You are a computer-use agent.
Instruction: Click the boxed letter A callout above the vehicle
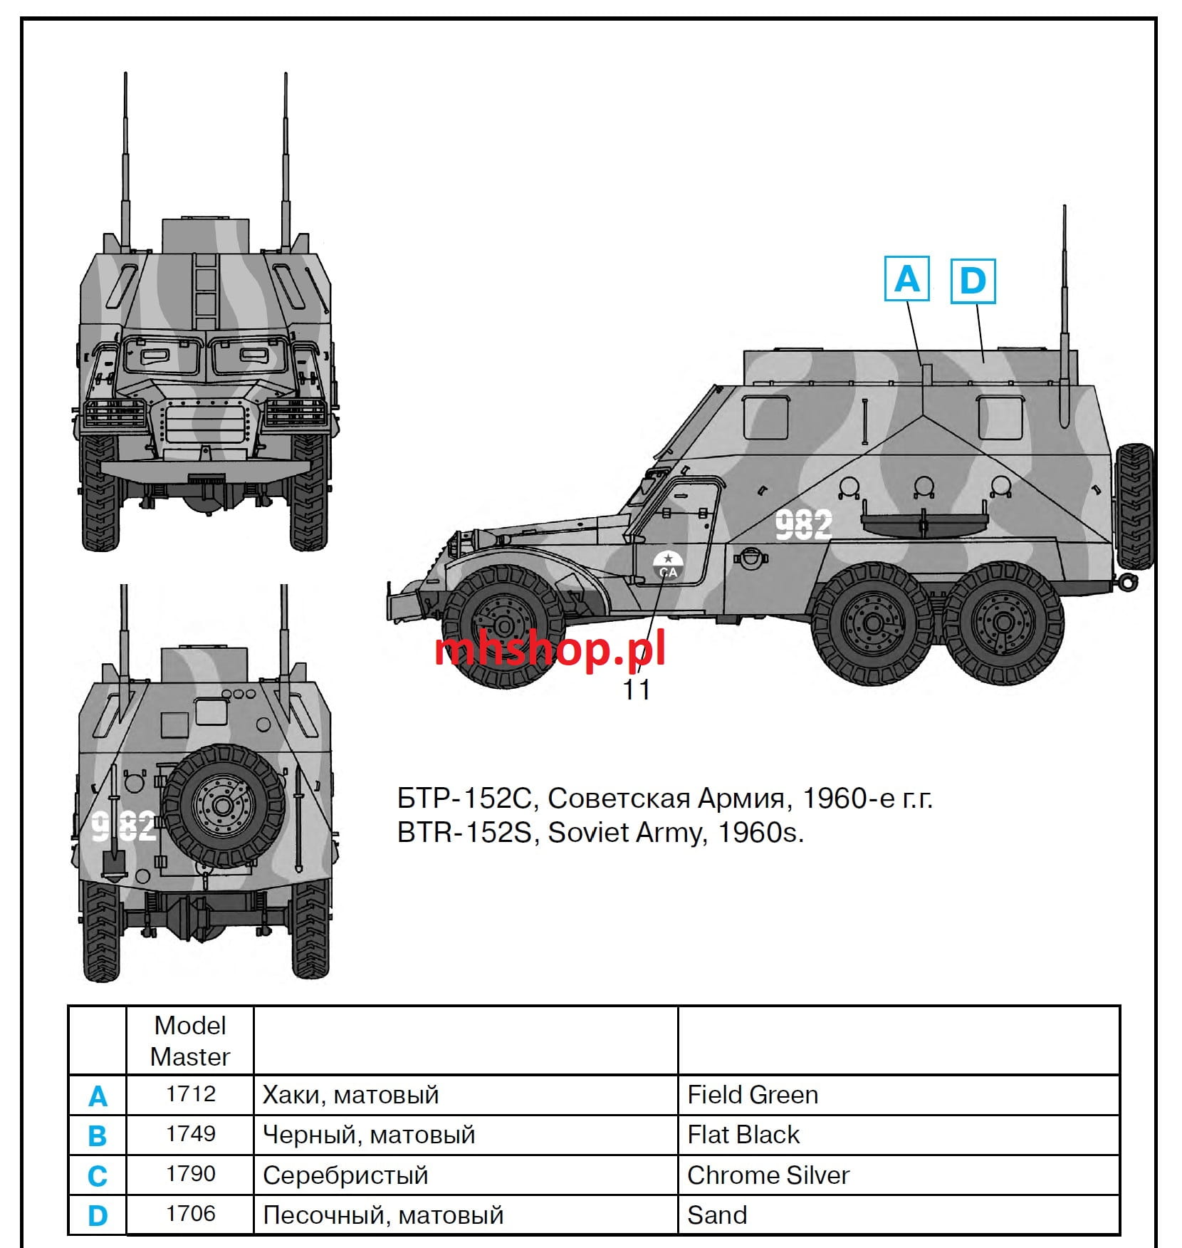point(906,279)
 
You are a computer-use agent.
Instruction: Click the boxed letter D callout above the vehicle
point(973,281)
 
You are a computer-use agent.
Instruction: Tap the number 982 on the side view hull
point(803,525)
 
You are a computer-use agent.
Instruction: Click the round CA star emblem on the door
point(668,565)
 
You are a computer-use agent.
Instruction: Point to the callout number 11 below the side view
point(637,690)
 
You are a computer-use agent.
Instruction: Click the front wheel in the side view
point(503,626)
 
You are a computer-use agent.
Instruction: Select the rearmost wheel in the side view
point(1003,623)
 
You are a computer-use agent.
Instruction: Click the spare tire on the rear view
point(223,806)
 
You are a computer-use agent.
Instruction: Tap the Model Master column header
point(190,1041)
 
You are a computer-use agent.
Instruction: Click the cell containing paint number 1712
point(190,1093)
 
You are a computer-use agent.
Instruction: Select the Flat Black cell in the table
point(743,1134)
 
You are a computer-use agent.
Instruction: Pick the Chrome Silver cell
point(768,1175)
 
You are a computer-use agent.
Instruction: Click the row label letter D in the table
point(98,1215)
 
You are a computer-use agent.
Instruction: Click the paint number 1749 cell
point(190,1133)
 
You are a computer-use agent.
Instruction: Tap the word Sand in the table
point(717,1215)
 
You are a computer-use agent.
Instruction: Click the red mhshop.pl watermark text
point(550,650)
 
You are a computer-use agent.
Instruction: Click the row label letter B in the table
point(98,1135)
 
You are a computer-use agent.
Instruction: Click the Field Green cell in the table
point(753,1094)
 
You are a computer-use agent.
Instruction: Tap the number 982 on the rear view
point(125,826)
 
